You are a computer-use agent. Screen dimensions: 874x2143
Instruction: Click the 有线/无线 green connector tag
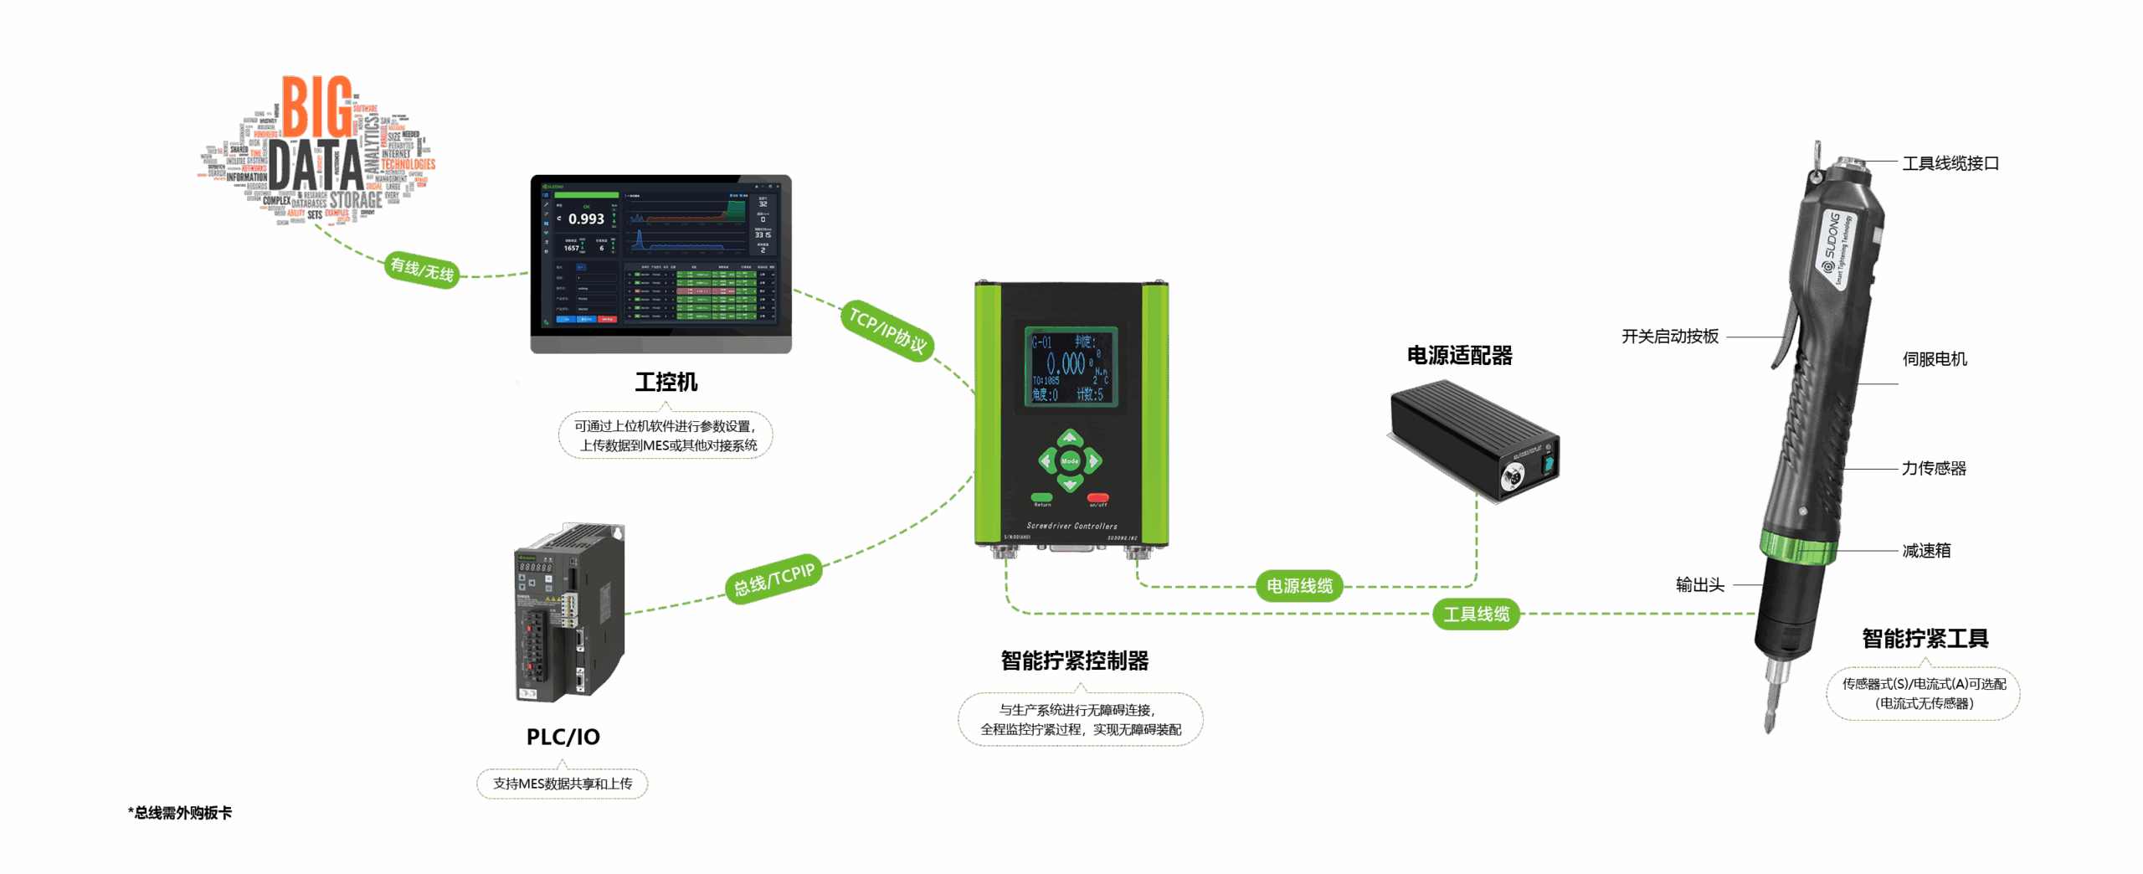click(422, 269)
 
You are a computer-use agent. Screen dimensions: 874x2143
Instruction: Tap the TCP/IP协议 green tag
click(887, 330)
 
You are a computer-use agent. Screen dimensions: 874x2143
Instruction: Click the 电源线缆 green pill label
click(1299, 586)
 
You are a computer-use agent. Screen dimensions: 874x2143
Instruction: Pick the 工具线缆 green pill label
click(1477, 614)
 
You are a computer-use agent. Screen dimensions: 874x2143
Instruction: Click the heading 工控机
click(666, 383)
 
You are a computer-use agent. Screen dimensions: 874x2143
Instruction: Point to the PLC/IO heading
click(563, 737)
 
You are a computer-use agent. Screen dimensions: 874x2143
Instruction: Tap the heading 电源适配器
click(1460, 356)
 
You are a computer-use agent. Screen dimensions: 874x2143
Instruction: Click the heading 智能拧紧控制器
click(1075, 661)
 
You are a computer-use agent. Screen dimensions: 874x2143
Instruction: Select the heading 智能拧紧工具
click(1925, 639)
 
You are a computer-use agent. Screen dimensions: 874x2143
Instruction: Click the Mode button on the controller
click(1070, 460)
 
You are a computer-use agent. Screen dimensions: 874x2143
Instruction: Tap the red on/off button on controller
click(1097, 497)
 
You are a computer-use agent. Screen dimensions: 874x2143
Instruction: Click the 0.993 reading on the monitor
click(586, 219)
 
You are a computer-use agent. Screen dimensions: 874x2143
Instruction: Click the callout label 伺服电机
click(1935, 359)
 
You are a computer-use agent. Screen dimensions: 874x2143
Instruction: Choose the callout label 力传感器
click(1934, 469)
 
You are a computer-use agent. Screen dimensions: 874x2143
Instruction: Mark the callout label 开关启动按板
click(1670, 337)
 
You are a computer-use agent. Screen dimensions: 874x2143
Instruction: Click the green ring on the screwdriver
click(1797, 548)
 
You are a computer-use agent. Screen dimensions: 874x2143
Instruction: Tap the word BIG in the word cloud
click(316, 107)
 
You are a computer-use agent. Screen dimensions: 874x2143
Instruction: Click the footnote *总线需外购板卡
click(181, 813)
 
